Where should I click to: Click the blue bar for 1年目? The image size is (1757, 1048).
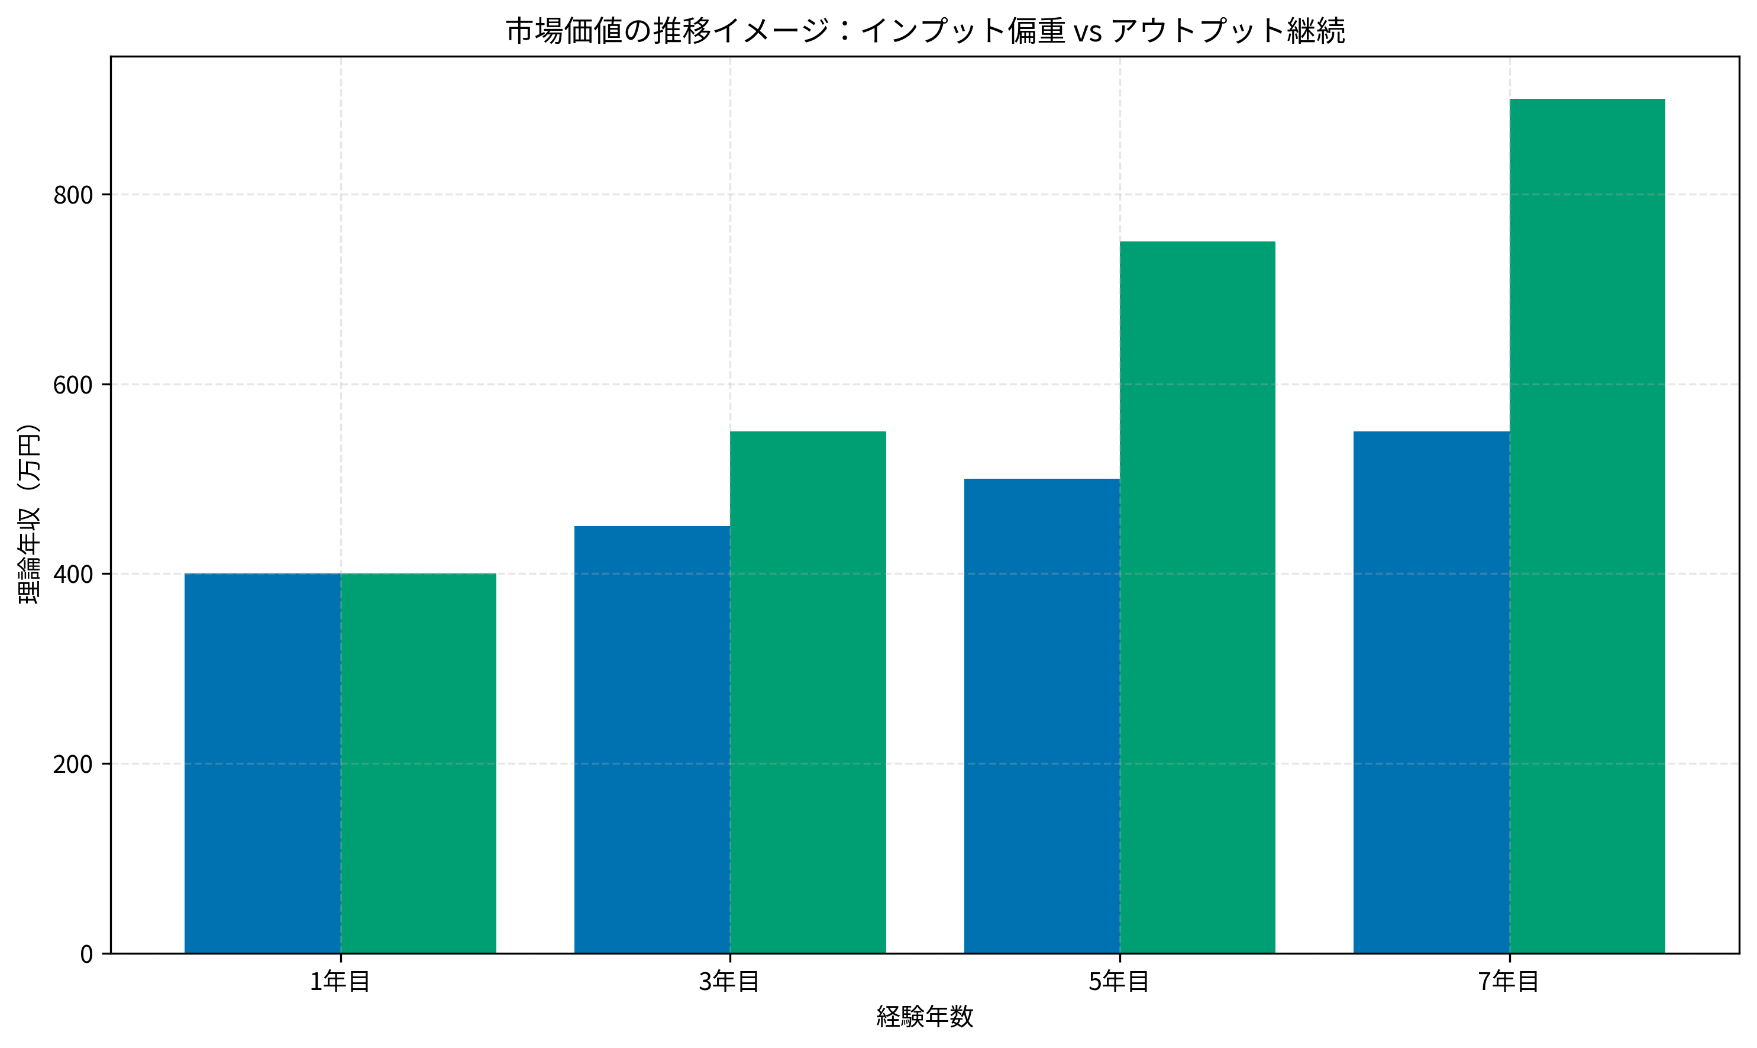[263, 763]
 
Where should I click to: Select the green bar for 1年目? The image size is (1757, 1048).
[419, 763]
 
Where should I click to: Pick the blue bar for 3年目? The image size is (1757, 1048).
[653, 739]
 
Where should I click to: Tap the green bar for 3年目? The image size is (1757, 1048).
[808, 692]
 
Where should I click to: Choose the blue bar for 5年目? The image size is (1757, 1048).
[1042, 716]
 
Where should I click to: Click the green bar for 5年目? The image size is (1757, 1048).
[1198, 598]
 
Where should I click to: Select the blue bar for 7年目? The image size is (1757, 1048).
[1432, 692]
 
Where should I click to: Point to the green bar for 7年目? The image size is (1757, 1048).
[1588, 526]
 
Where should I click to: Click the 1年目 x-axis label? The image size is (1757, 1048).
[340, 982]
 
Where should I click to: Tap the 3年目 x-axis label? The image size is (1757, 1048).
[730, 982]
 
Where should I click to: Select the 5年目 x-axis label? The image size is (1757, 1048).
[1119, 982]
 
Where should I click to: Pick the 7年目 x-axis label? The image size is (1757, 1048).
[1509, 982]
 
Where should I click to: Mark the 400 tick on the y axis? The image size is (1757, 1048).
[73, 575]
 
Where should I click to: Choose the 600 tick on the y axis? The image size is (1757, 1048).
[73, 385]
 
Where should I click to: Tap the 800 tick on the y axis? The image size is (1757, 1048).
[73, 195]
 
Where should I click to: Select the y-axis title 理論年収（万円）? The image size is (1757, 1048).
[30, 514]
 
